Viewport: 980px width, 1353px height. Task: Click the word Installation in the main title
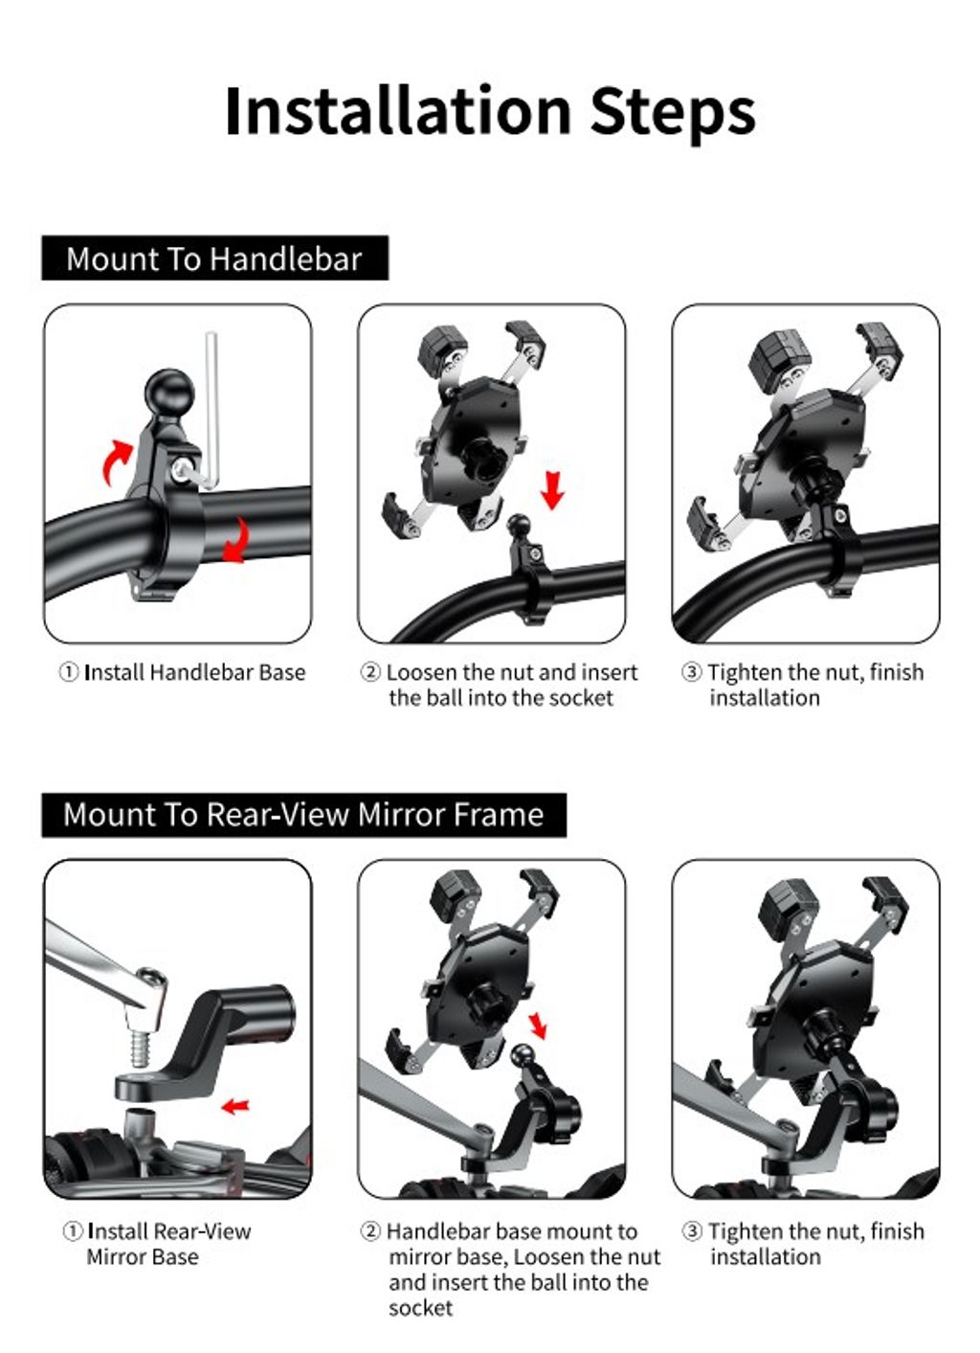pyautogui.click(x=398, y=111)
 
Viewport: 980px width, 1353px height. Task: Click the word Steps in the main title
pyautogui.click(x=673, y=115)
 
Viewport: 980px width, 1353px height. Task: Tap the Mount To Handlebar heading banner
pyautogui.click(x=215, y=258)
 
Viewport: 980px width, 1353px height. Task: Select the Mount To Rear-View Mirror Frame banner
pyautogui.click(x=303, y=815)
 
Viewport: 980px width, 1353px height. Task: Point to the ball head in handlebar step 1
pyautogui.click(x=169, y=392)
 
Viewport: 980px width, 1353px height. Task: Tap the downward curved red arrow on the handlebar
pyautogui.click(x=236, y=540)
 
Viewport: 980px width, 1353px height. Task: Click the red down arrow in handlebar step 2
pyautogui.click(x=552, y=490)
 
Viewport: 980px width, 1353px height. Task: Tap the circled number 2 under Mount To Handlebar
pyautogui.click(x=370, y=672)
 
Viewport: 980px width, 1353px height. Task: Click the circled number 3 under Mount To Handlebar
pyautogui.click(x=691, y=672)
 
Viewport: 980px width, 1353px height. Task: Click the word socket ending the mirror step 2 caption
pyautogui.click(x=420, y=1308)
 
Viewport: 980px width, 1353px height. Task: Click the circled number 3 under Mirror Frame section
pyautogui.click(x=692, y=1231)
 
